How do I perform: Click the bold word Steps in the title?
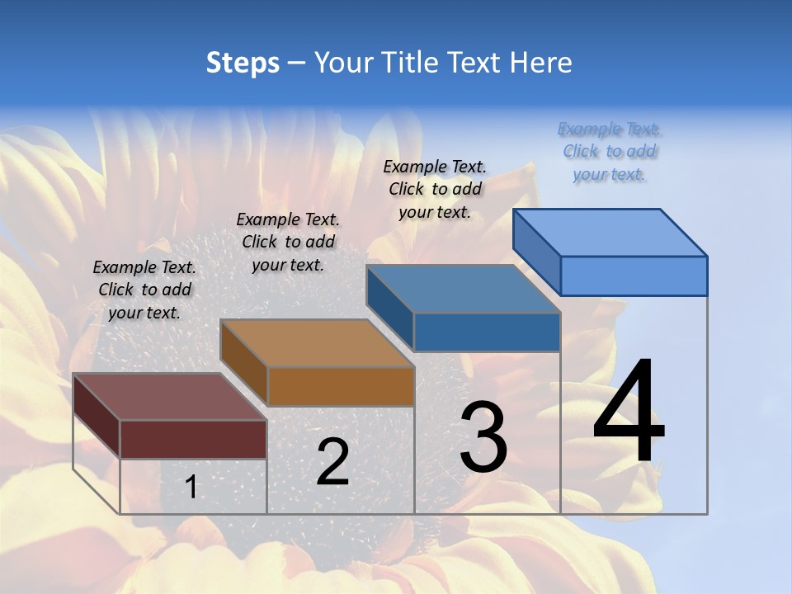[x=243, y=63]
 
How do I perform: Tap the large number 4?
[x=629, y=412]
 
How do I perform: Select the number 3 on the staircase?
[x=483, y=437]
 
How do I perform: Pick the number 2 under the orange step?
[x=332, y=462]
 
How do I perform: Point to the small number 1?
[x=191, y=487]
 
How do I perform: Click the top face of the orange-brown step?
[x=317, y=343]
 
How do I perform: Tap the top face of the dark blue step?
[x=463, y=289]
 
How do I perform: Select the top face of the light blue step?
[x=610, y=233]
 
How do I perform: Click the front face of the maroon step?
[x=193, y=439]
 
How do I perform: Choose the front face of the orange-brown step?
[x=341, y=386]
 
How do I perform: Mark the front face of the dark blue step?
[x=487, y=332]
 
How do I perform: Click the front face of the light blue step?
[x=634, y=276]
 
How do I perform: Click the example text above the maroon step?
[x=144, y=290]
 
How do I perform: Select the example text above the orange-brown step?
[x=288, y=242]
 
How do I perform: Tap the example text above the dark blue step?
[x=435, y=189]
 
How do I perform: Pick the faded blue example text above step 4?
[x=610, y=151]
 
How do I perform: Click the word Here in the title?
[x=540, y=63]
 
